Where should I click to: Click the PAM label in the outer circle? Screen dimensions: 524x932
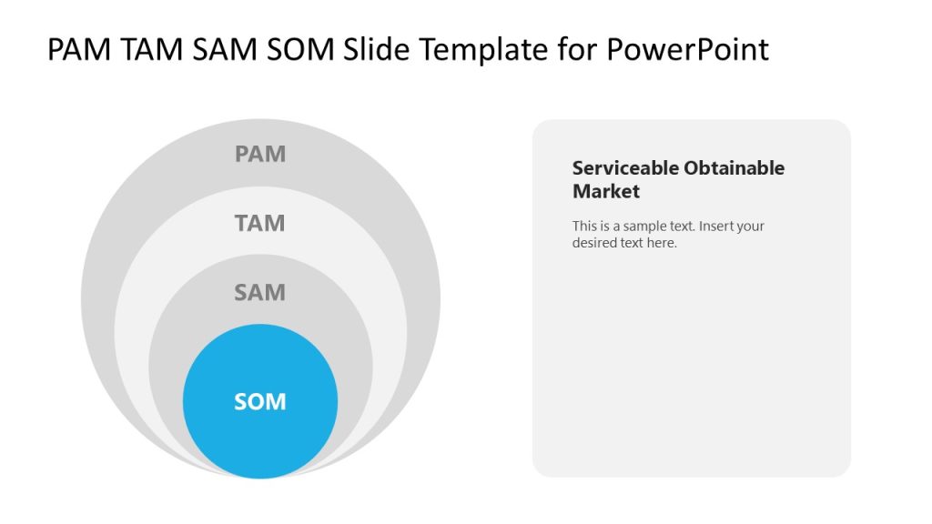(260, 154)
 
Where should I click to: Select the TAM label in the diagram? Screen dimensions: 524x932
(260, 223)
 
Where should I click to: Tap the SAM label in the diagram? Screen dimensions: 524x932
(260, 292)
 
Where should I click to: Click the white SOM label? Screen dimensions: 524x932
(260, 401)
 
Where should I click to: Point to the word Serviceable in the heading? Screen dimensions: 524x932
(625, 168)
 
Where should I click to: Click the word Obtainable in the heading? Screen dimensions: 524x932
(734, 168)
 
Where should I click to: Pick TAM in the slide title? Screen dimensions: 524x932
(152, 50)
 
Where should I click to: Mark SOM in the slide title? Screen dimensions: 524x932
(303, 50)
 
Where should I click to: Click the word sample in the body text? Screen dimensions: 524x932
(644, 227)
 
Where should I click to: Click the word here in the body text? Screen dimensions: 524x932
(662, 243)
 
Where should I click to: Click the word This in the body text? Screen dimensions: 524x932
(584, 227)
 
